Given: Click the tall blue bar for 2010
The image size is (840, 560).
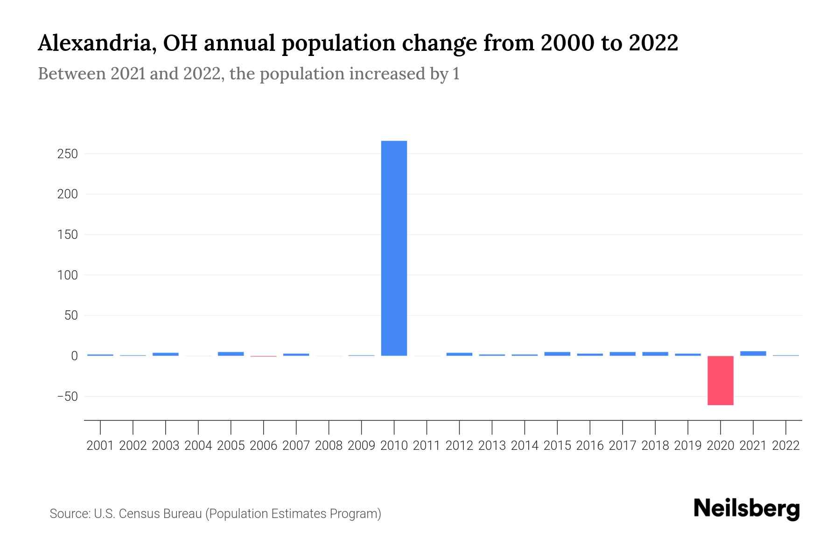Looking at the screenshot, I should point(394,248).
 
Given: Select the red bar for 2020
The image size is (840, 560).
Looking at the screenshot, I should point(720,380).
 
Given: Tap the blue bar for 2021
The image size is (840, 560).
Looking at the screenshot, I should point(753,353).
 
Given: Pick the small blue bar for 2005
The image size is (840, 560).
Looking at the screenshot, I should point(231,354).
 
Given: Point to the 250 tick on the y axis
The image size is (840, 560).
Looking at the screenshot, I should point(67,154).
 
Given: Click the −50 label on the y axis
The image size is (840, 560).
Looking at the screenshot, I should point(67,397).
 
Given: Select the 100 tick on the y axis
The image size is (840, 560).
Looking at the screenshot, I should point(67,275).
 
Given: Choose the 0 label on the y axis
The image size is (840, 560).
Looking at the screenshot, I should point(74,356).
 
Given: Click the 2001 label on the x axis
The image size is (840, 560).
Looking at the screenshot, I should point(100,446).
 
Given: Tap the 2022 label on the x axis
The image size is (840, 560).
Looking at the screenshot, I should point(786,446).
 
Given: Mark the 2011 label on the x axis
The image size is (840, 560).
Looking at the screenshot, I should point(427,446).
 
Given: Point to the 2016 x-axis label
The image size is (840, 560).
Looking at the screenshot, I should point(590,446).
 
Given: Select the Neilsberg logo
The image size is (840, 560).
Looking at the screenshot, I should point(747,509).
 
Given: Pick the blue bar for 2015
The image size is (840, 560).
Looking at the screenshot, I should point(557,354).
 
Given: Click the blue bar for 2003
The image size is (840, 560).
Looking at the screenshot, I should point(165,354).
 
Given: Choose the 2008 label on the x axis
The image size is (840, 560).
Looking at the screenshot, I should point(329,446).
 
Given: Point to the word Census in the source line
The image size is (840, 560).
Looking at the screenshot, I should point(138,514).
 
